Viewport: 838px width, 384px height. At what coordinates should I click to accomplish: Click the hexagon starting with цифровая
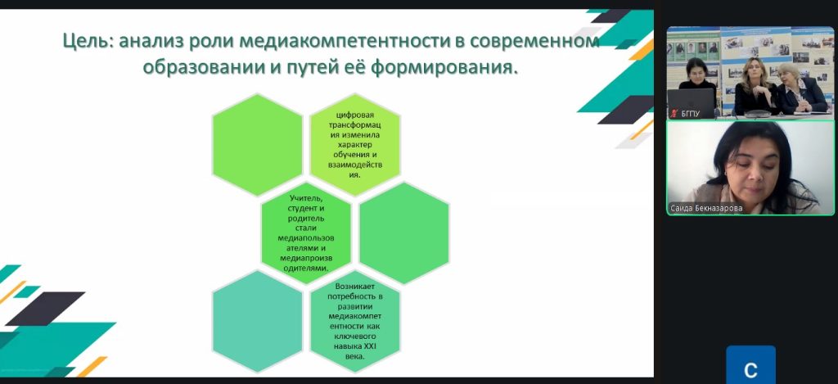click(x=355, y=144)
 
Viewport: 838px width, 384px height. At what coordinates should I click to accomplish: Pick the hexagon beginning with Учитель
click(x=306, y=233)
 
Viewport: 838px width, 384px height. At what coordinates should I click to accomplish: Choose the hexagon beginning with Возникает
click(x=355, y=322)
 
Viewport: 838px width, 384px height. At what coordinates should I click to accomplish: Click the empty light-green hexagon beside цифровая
click(x=257, y=144)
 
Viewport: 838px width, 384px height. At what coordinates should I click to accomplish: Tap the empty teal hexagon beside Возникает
click(x=257, y=322)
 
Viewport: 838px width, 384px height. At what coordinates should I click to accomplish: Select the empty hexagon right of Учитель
click(x=404, y=233)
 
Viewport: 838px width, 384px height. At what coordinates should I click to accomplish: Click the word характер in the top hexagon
click(x=354, y=144)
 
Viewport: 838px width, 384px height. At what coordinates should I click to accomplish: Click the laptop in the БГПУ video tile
click(x=691, y=103)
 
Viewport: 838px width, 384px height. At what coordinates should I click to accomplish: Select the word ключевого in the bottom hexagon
click(x=354, y=337)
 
